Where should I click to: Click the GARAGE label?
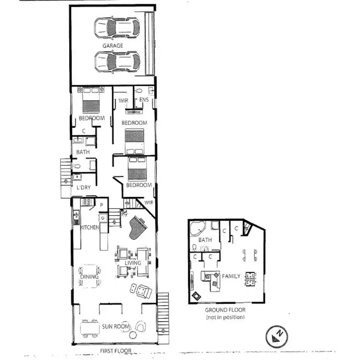[x=112, y=46]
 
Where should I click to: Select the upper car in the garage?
[x=117, y=27]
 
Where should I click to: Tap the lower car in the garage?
[x=117, y=61]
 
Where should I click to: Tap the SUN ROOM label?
[x=116, y=327]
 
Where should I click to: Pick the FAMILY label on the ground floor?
[x=230, y=276]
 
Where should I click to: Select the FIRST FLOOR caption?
[x=116, y=351]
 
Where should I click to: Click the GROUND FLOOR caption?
[x=225, y=310]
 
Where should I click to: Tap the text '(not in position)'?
[x=225, y=317]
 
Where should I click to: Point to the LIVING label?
[x=133, y=263]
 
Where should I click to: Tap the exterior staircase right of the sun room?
[x=164, y=312]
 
